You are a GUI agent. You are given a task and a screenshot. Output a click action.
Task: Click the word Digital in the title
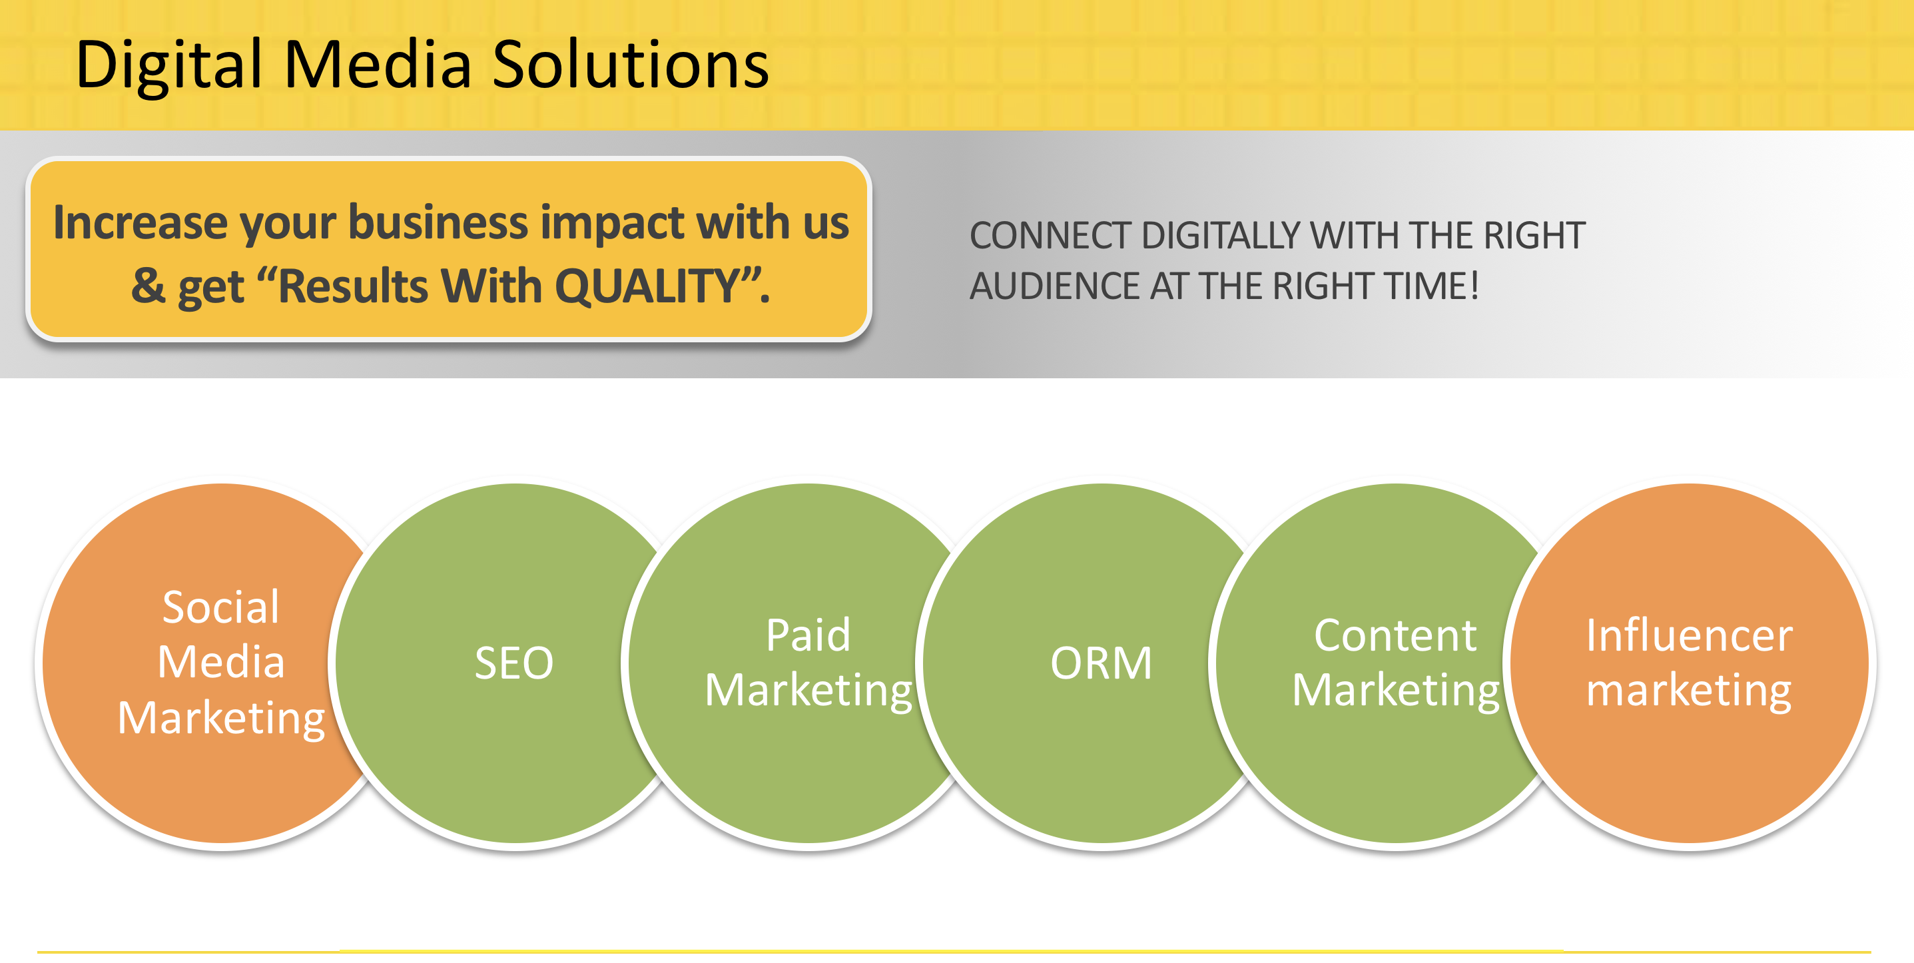click(x=169, y=65)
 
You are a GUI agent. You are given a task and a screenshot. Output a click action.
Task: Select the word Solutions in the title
click(x=630, y=65)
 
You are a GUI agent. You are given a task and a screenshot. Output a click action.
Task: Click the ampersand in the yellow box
click(x=148, y=286)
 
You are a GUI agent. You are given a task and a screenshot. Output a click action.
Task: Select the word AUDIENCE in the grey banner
click(x=1054, y=286)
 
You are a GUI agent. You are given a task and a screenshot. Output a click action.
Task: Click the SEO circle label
click(x=514, y=662)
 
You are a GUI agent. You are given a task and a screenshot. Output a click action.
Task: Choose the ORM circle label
click(x=1101, y=662)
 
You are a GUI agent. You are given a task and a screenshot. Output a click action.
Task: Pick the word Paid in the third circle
click(x=808, y=635)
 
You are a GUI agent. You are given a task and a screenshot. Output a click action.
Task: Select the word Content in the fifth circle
click(x=1395, y=635)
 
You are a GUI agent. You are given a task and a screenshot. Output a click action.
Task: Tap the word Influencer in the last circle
click(x=1689, y=635)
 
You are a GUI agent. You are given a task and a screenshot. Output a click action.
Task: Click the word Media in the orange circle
click(x=220, y=661)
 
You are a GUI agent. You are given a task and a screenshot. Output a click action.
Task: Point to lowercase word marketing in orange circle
click(x=1689, y=691)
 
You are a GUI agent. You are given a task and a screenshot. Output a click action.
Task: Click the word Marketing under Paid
click(x=808, y=691)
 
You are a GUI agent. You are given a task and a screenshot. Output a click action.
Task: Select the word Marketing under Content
click(x=1395, y=691)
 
